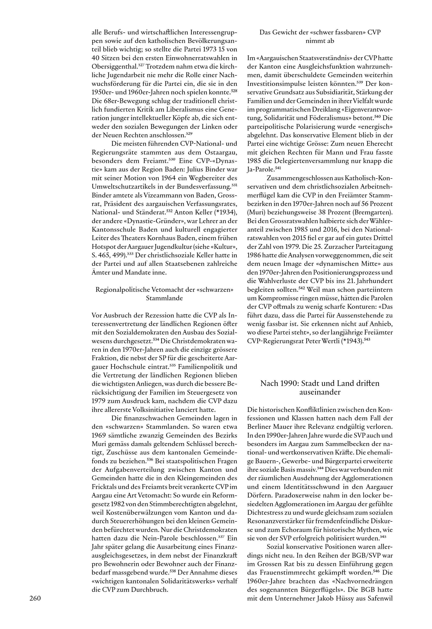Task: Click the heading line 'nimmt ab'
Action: pyautogui.click(x=320, y=41)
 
